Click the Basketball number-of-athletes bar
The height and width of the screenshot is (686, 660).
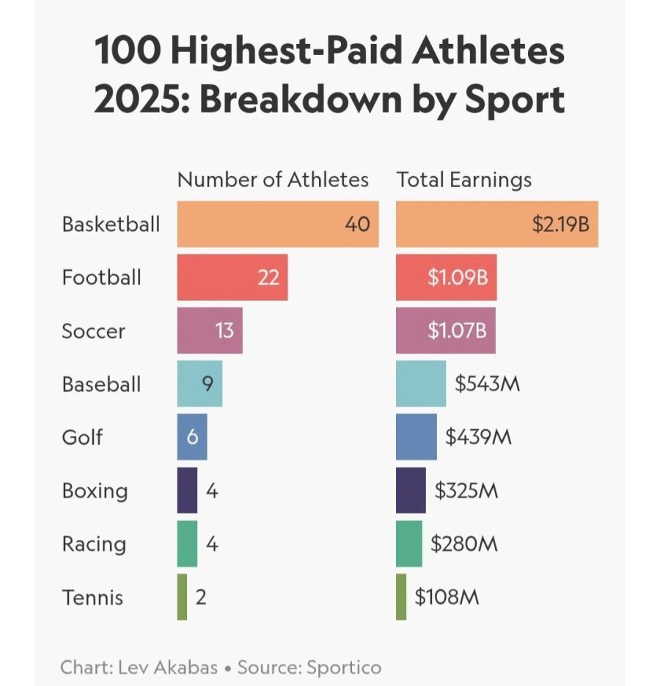(277, 224)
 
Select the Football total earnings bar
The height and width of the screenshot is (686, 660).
(446, 277)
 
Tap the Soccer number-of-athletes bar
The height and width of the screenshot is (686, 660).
(209, 331)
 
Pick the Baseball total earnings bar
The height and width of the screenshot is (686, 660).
(421, 384)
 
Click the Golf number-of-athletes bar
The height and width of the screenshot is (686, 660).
(191, 437)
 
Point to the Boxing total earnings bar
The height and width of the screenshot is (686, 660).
(411, 490)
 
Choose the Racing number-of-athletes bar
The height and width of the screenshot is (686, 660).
(187, 544)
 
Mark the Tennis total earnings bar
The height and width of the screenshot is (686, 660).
(401, 596)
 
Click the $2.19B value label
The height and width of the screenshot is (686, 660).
(561, 224)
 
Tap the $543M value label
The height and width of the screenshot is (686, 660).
(488, 384)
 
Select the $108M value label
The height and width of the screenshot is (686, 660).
(447, 597)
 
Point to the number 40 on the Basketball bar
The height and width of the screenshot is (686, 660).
(357, 224)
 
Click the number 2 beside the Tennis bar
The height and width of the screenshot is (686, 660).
(201, 597)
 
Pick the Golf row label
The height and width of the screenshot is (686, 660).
(82, 438)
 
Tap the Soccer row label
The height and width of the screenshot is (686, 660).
(93, 331)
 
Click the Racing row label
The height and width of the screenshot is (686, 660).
(94, 544)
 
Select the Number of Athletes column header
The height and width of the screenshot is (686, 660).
(273, 180)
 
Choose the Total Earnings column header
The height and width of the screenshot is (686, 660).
(464, 180)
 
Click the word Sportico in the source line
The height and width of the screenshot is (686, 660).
(345, 668)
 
